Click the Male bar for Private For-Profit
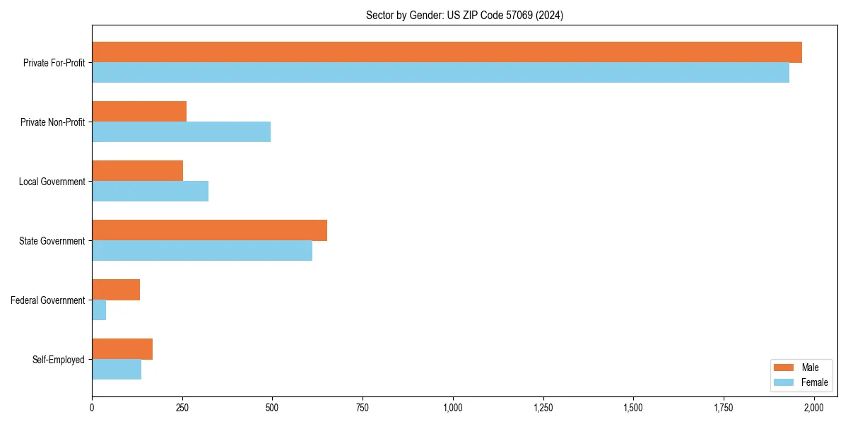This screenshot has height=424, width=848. [447, 52]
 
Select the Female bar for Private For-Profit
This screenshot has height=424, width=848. [440, 73]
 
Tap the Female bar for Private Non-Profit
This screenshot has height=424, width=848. [181, 132]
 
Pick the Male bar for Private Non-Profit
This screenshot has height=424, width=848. [139, 112]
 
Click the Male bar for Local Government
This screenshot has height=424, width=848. [137, 171]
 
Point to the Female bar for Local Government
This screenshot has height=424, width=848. [150, 192]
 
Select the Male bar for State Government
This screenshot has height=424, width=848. [209, 230]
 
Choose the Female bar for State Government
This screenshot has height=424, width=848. [202, 251]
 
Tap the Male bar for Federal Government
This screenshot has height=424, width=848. [116, 290]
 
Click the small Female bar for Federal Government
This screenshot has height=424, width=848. [99, 310]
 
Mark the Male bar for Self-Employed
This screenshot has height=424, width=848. [122, 349]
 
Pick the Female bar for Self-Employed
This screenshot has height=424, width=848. [117, 370]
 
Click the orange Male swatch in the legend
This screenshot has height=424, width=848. [784, 367]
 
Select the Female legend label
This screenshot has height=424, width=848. [815, 382]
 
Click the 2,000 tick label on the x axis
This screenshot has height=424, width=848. [814, 408]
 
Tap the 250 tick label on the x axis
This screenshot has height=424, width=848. [182, 408]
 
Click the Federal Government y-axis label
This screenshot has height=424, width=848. [48, 300]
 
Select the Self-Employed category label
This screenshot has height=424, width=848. [59, 360]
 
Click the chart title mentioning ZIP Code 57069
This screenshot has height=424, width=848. [464, 16]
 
